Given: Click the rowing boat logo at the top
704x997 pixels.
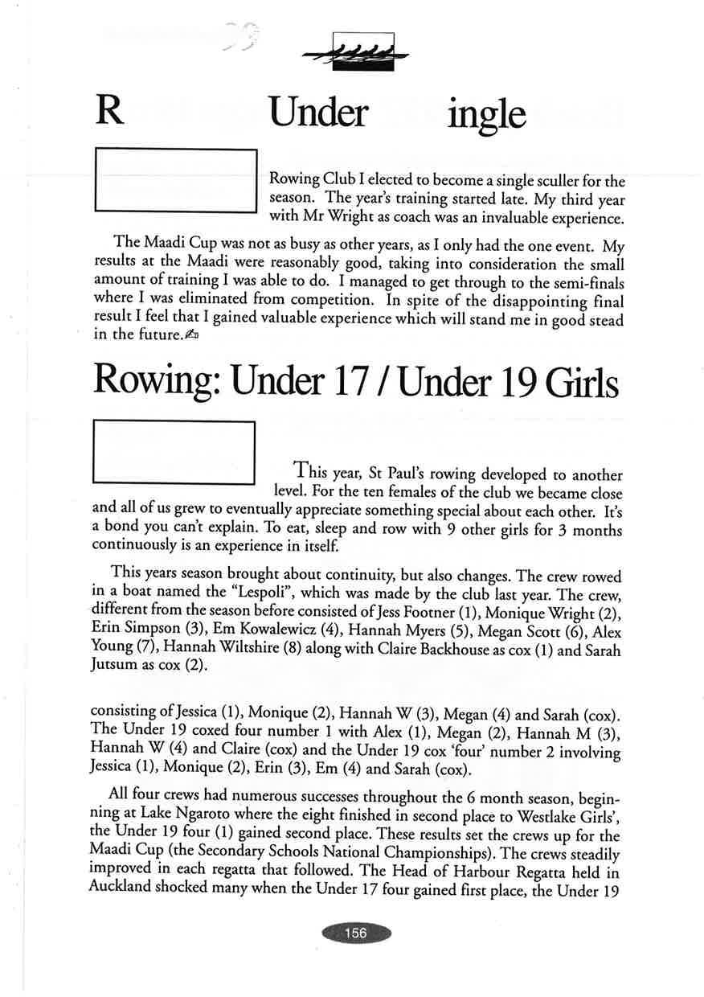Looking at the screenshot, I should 354,52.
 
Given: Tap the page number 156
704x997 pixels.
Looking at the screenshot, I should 355,933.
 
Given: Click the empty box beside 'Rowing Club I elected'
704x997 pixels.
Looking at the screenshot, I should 175,181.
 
